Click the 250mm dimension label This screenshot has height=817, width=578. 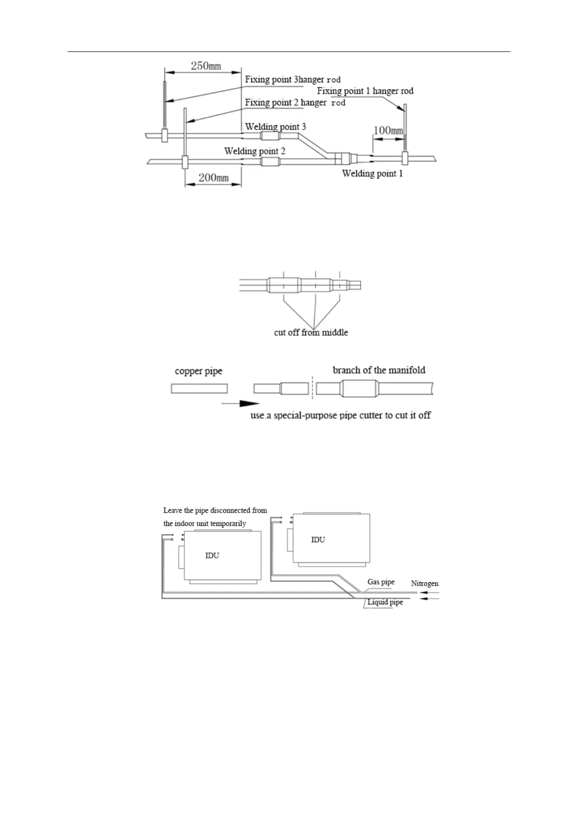click(x=206, y=66)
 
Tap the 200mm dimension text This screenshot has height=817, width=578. click(x=214, y=178)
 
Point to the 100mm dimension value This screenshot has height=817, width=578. click(x=388, y=131)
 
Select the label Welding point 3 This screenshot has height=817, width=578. click(x=275, y=127)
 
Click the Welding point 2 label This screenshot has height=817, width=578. click(x=254, y=151)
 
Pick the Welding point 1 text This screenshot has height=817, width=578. click(x=372, y=173)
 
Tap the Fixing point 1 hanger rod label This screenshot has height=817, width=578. click(x=365, y=91)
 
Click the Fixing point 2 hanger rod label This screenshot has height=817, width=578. click(x=295, y=102)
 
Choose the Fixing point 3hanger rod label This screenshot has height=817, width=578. click(x=293, y=80)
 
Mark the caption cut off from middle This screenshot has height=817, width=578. click(x=311, y=332)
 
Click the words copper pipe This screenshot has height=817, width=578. click(x=198, y=371)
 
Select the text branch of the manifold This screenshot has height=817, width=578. click(x=379, y=370)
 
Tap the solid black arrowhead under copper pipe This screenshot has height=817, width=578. click(x=249, y=403)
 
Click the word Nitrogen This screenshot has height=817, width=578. click(x=425, y=584)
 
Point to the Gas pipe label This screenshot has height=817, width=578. click(x=381, y=582)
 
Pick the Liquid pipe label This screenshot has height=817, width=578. click(x=385, y=602)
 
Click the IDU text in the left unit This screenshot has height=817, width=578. click(x=212, y=556)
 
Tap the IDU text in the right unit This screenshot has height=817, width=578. click(x=318, y=539)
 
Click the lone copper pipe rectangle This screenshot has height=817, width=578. click(x=199, y=389)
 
